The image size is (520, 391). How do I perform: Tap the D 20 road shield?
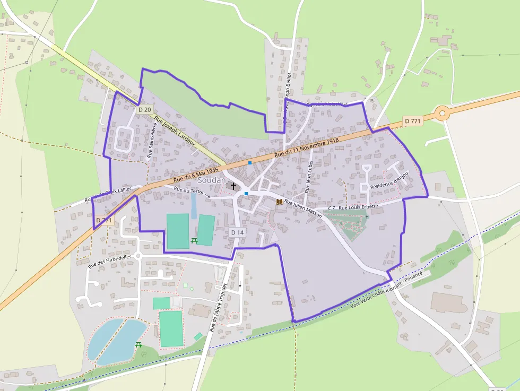coord(144,110)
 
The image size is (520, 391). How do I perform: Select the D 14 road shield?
coord(237,232)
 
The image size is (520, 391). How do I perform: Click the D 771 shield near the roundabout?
coord(412,121)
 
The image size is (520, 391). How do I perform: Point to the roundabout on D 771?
coord(442,112)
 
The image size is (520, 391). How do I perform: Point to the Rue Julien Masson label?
coord(303,208)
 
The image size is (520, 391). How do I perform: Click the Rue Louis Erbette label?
coord(358,206)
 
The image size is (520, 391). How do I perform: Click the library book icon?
coord(279,202)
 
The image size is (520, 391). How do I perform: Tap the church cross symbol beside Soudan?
coord(233,186)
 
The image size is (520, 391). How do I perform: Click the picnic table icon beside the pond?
coord(139,345)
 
